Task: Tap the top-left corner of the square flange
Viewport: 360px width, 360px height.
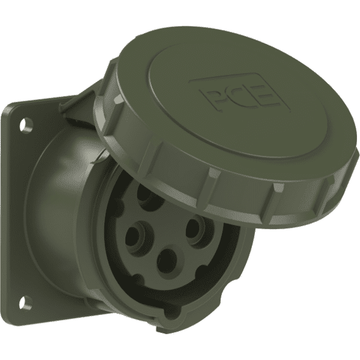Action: (x=8, y=108)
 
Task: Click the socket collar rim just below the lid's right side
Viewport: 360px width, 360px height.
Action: (x=240, y=252)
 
